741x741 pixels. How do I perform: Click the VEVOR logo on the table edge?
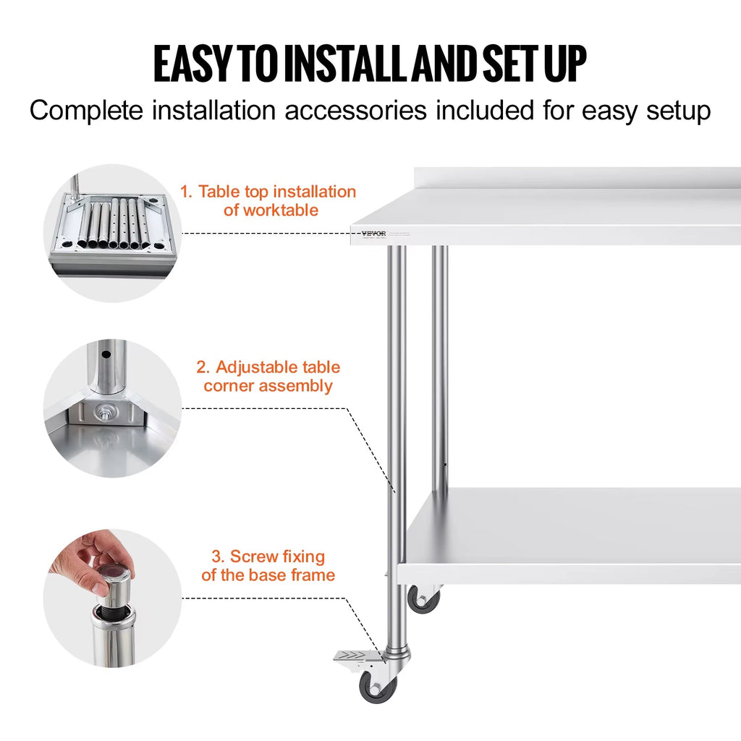(373, 233)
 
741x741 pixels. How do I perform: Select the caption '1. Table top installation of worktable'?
(268, 200)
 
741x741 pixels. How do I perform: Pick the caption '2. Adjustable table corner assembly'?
(268, 376)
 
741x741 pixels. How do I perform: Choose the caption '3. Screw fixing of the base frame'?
(268, 566)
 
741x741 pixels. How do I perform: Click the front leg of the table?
(397, 434)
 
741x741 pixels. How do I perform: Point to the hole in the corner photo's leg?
(107, 355)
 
